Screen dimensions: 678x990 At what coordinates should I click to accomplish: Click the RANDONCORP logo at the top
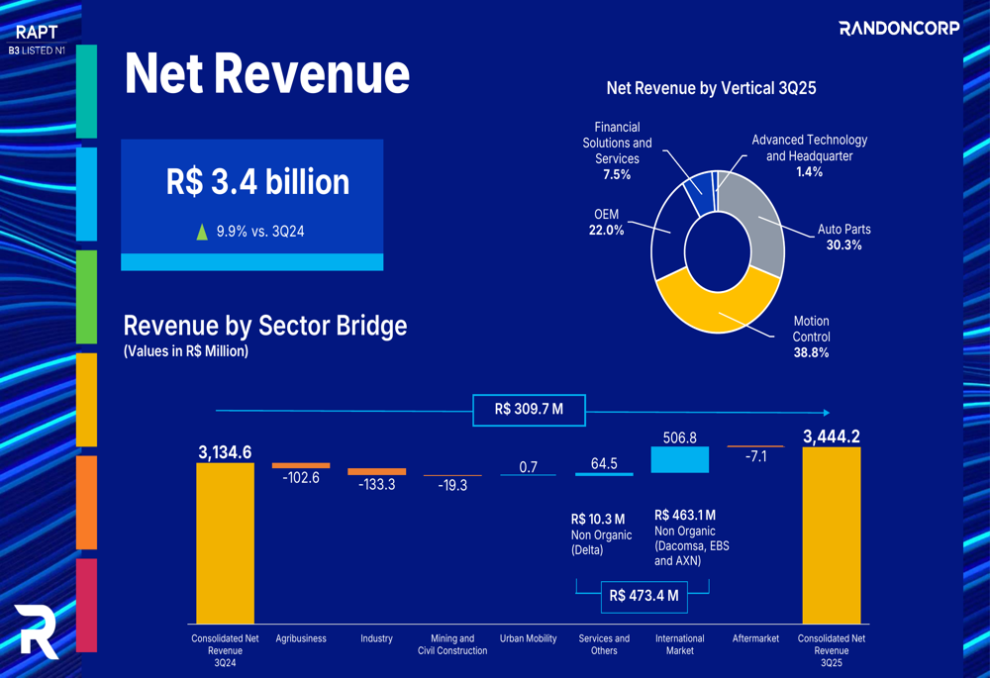point(899,28)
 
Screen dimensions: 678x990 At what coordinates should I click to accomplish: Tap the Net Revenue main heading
point(266,73)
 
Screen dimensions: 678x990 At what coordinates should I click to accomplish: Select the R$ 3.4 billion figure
point(257,182)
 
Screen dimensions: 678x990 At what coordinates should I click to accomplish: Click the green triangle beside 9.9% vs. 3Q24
point(202,232)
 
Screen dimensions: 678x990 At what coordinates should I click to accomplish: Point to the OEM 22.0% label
point(606,222)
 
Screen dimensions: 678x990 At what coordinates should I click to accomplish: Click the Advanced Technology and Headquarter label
point(809,155)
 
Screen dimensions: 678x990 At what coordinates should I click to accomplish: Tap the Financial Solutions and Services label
point(617,150)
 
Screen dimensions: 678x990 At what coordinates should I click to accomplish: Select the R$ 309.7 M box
point(529,410)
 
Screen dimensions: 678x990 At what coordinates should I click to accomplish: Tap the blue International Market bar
point(680,459)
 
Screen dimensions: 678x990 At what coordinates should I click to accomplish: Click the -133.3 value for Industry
point(376,485)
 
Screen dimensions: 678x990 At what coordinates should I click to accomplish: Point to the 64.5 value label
point(604,463)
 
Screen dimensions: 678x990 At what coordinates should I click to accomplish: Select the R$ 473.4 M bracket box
point(643,595)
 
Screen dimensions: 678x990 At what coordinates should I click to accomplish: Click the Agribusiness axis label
point(301,639)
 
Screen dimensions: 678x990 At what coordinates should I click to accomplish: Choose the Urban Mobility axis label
point(528,639)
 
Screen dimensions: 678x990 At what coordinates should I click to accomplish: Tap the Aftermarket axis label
point(755,639)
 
